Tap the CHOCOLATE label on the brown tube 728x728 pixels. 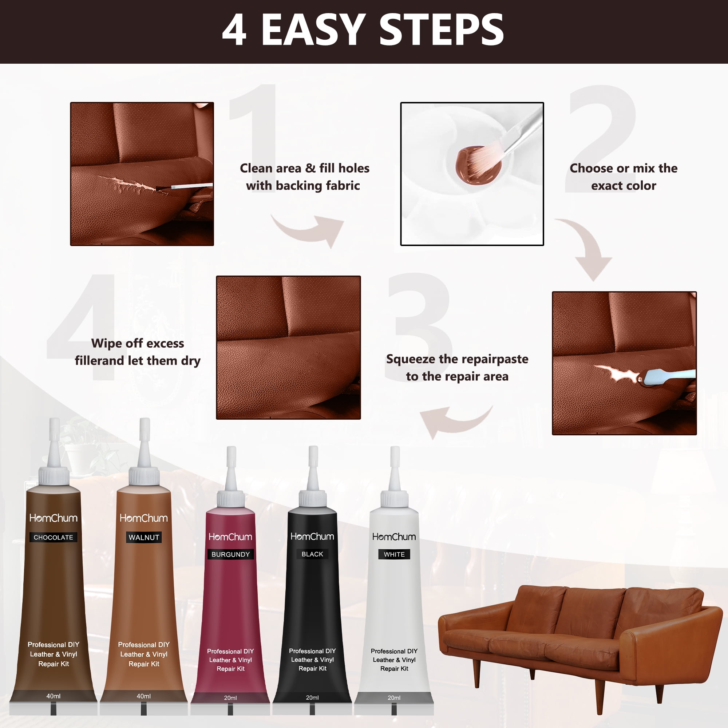(x=53, y=537)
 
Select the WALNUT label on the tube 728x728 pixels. (x=143, y=537)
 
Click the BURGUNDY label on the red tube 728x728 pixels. (x=230, y=554)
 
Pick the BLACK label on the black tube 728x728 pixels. (x=312, y=554)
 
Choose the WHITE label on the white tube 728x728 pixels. (x=394, y=554)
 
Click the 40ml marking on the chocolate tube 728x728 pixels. (x=53, y=696)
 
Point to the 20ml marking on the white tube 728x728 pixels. (x=394, y=697)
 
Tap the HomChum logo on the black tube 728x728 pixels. (x=312, y=536)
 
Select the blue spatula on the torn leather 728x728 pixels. (x=669, y=376)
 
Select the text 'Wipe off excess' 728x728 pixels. (x=138, y=343)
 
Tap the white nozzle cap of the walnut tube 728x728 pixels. (x=144, y=445)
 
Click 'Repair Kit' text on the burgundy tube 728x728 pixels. (x=230, y=668)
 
